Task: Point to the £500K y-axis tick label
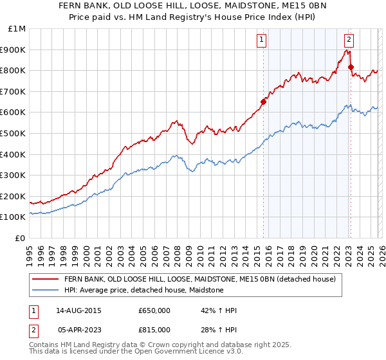15,133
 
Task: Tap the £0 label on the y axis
21,238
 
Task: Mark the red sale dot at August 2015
263,101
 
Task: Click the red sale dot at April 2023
351,67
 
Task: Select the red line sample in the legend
45,280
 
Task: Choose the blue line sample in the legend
45,291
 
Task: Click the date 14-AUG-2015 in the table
78,310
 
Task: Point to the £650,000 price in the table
154,310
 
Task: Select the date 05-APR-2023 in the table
78,330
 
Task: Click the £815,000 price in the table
154,330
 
